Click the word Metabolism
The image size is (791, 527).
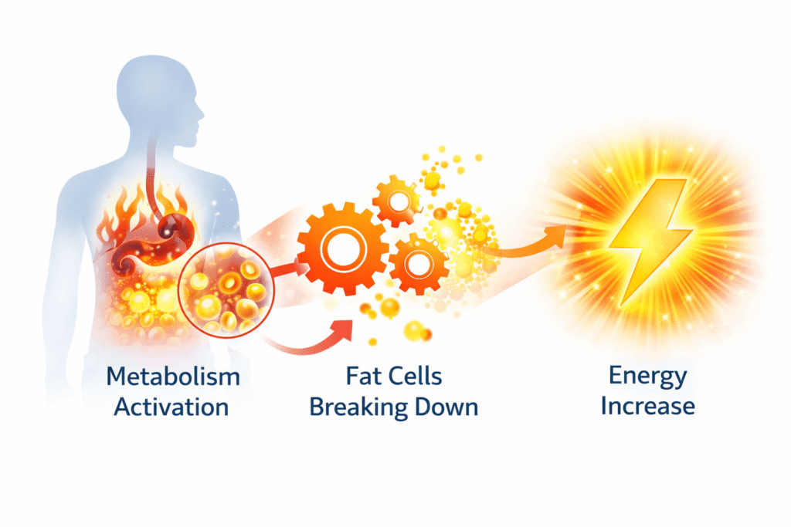(x=173, y=377)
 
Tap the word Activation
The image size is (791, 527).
(x=171, y=407)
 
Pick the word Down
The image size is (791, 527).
(x=446, y=407)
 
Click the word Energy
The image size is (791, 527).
(x=648, y=377)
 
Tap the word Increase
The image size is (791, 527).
(x=648, y=406)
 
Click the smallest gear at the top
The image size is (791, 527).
(x=399, y=201)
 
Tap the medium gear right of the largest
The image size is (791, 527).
(x=418, y=264)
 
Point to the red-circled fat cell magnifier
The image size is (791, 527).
(x=226, y=289)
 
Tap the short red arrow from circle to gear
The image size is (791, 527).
(x=290, y=269)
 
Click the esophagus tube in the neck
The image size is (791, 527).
(x=152, y=177)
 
